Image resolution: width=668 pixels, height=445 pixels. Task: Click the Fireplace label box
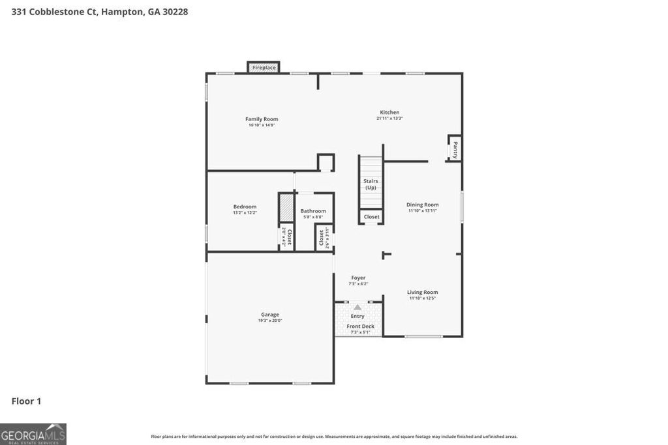pyautogui.click(x=264, y=67)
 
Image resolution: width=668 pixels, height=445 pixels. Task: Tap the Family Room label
pyautogui.click(x=262, y=119)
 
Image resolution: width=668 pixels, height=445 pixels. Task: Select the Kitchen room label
pyautogui.click(x=389, y=112)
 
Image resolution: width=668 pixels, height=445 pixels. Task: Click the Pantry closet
pyautogui.click(x=455, y=149)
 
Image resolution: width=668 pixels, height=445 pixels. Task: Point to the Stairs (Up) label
pyautogui.click(x=371, y=184)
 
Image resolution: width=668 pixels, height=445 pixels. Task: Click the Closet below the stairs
pyautogui.click(x=371, y=217)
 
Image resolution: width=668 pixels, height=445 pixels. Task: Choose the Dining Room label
pyautogui.click(x=422, y=205)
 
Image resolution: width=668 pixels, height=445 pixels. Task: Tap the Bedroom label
pyautogui.click(x=245, y=207)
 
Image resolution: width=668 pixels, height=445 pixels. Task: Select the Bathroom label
pyautogui.click(x=313, y=211)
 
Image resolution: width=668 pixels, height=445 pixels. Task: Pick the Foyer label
pyautogui.click(x=358, y=278)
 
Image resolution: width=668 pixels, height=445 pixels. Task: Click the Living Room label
pyautogui.click(x=422, y=293)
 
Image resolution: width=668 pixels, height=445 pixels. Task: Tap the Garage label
pyautogui.click(x=270, y=314)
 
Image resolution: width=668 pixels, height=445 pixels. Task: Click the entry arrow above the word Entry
pyautogui.click(x=357, y=307)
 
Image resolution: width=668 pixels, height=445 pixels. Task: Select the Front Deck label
pyautogui.click(x=360, y=326)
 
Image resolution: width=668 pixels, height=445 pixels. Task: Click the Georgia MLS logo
pyautogui.click(x=33, y=434)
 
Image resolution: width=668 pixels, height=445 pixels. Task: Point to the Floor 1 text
pyautogui.click(x=26, y=401)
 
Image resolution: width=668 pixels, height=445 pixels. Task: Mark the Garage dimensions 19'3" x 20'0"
pyautogui.click(x=270, y=321)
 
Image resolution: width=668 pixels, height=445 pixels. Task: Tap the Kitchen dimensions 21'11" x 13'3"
pyautogui.click(x=389, y=119)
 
